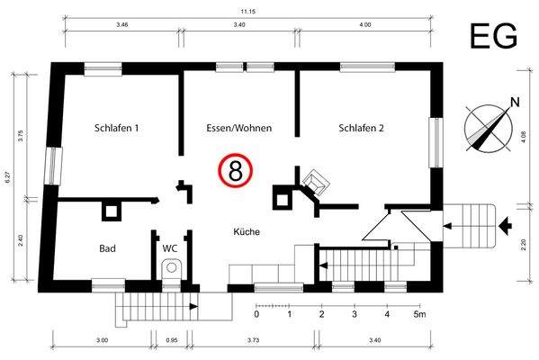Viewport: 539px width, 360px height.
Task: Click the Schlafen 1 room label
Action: coord(116,129)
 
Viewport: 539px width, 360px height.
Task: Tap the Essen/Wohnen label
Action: coord(239,129)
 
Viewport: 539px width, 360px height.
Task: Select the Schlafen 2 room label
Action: coord(361,129)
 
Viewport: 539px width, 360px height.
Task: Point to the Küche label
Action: coord(247,232)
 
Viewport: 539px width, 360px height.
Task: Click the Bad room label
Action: coord(108,247)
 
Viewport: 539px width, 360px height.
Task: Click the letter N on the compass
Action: coord(516,102)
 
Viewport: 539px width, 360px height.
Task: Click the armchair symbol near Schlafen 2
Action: coord(316,183)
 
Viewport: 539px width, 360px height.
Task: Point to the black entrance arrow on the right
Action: coord(508,222)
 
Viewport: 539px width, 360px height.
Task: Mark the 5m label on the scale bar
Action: coord(420,315)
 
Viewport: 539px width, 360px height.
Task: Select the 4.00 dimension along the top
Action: coord(365,26)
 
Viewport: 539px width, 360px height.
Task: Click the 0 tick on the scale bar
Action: coord(256,315)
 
